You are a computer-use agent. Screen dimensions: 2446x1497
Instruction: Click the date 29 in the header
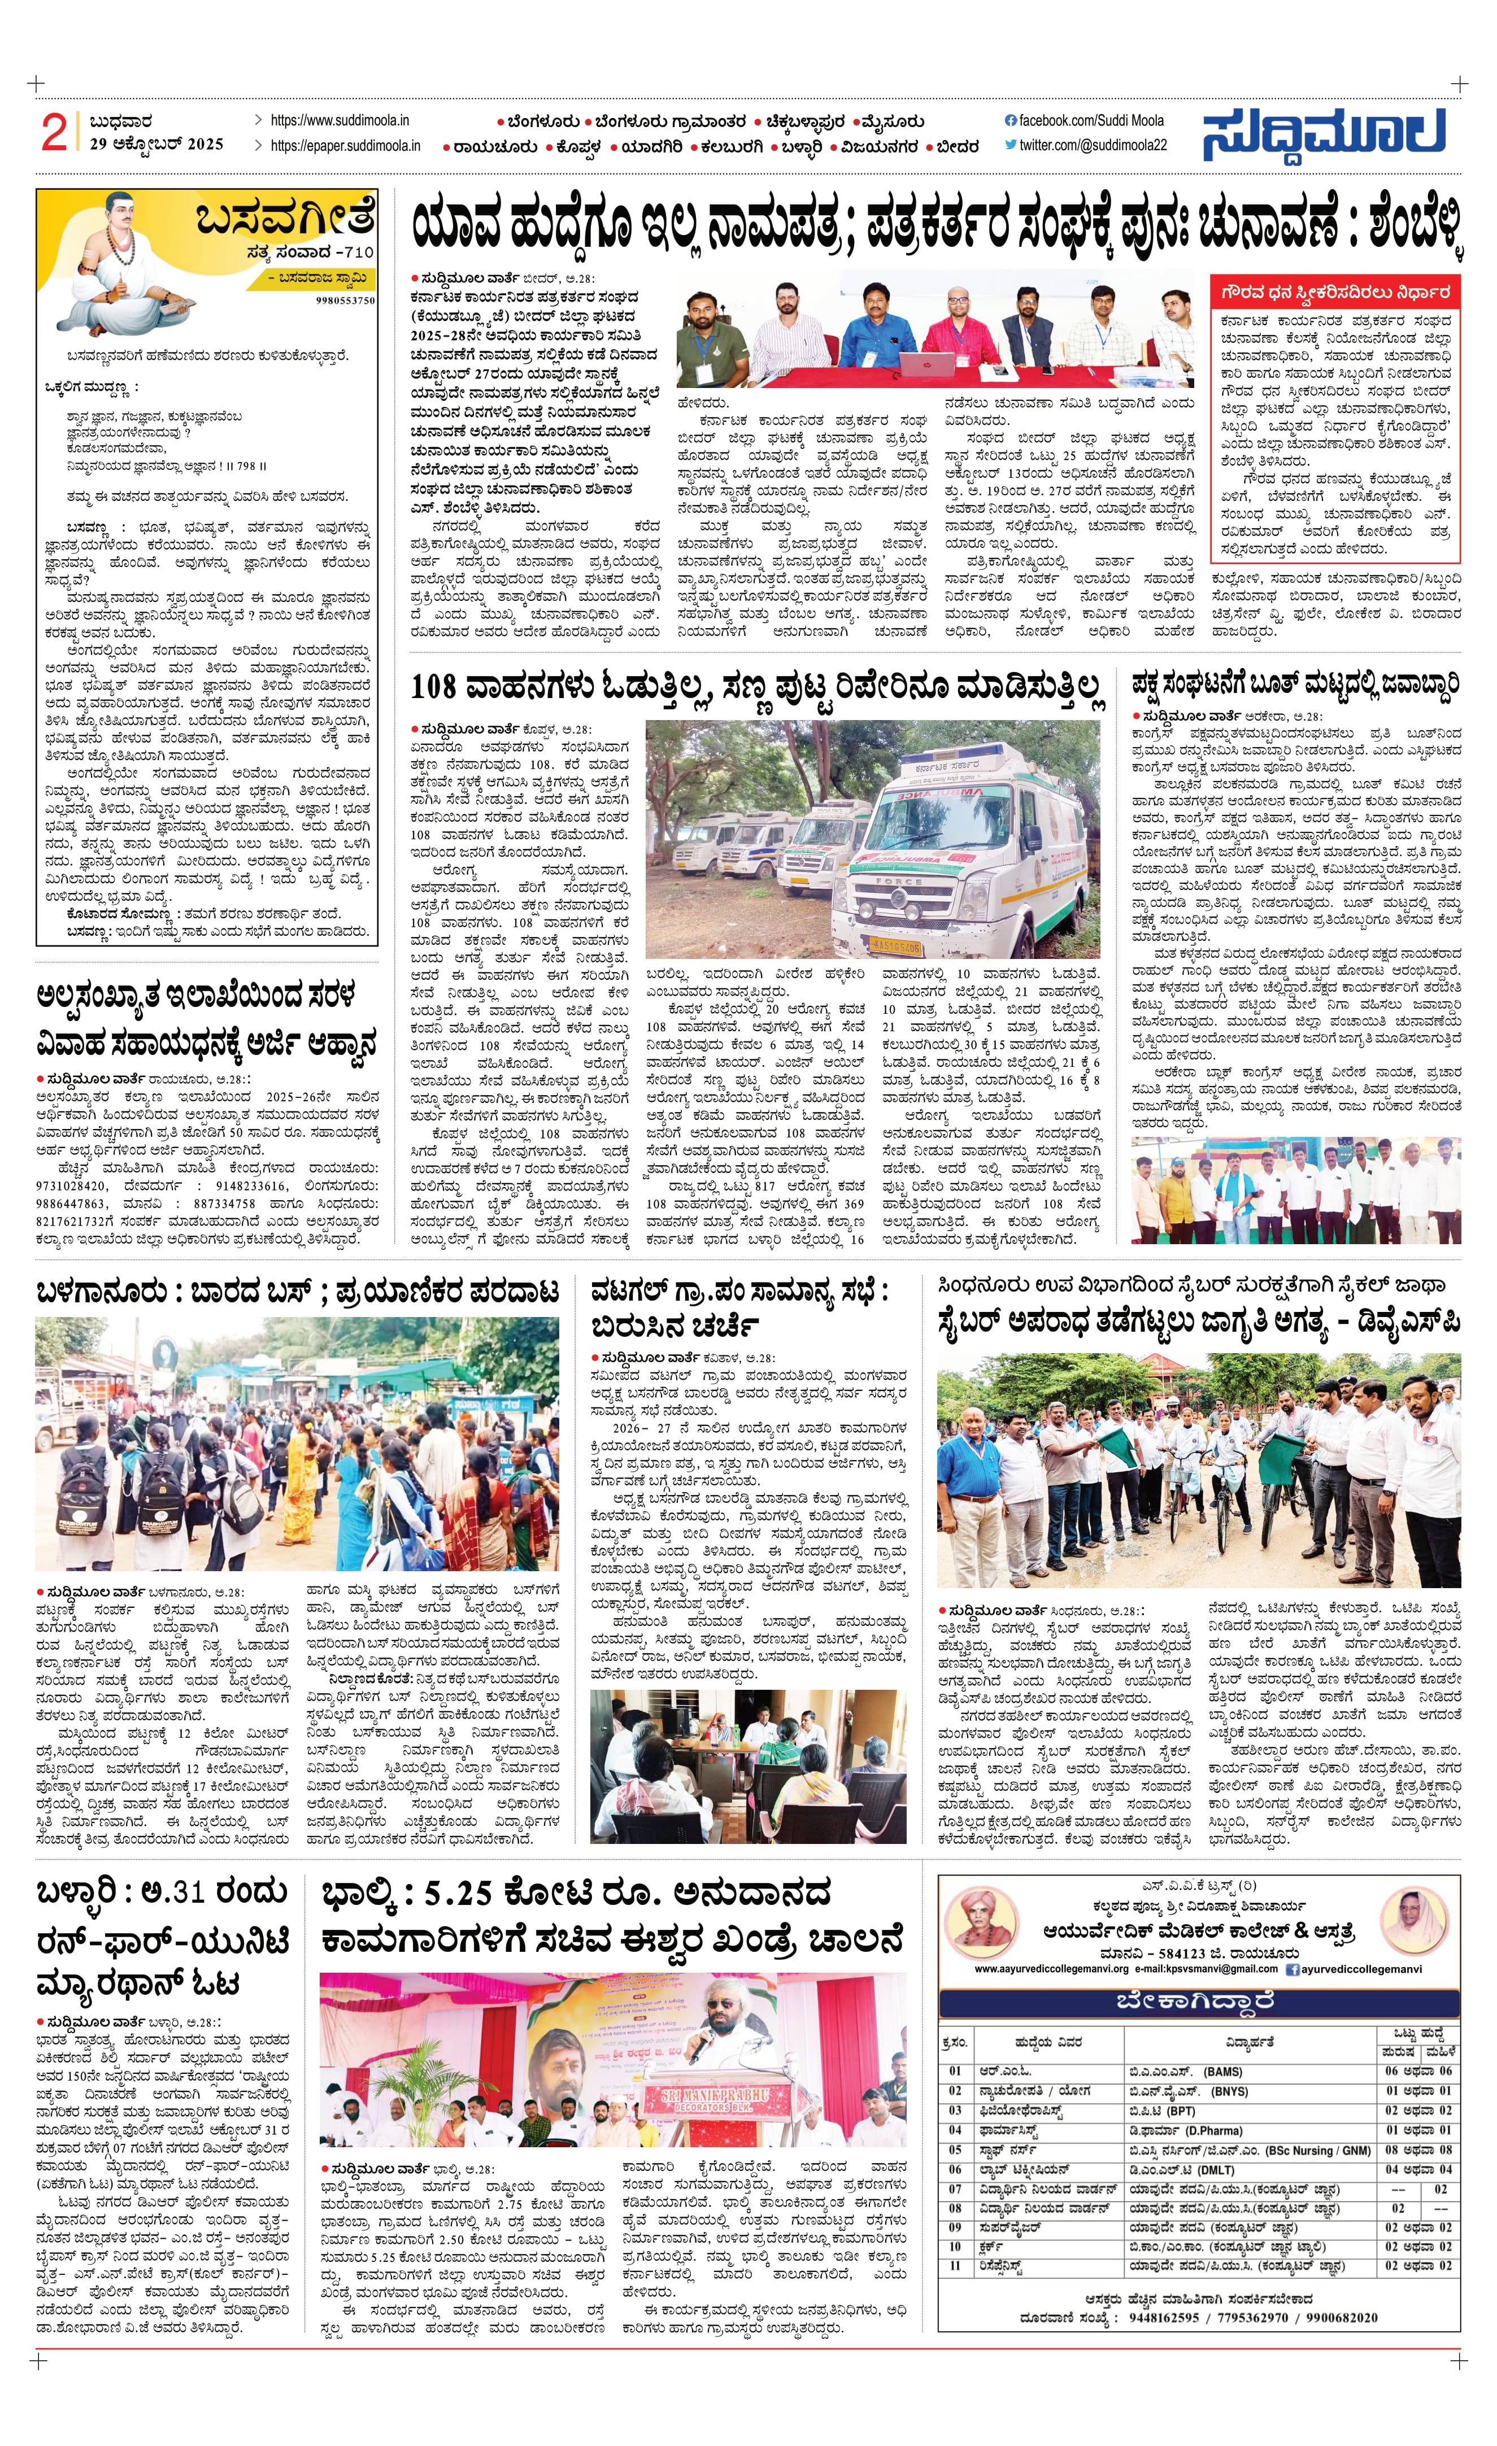pos(98,144)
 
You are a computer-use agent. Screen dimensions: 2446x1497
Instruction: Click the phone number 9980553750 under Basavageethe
pos(346,300)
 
